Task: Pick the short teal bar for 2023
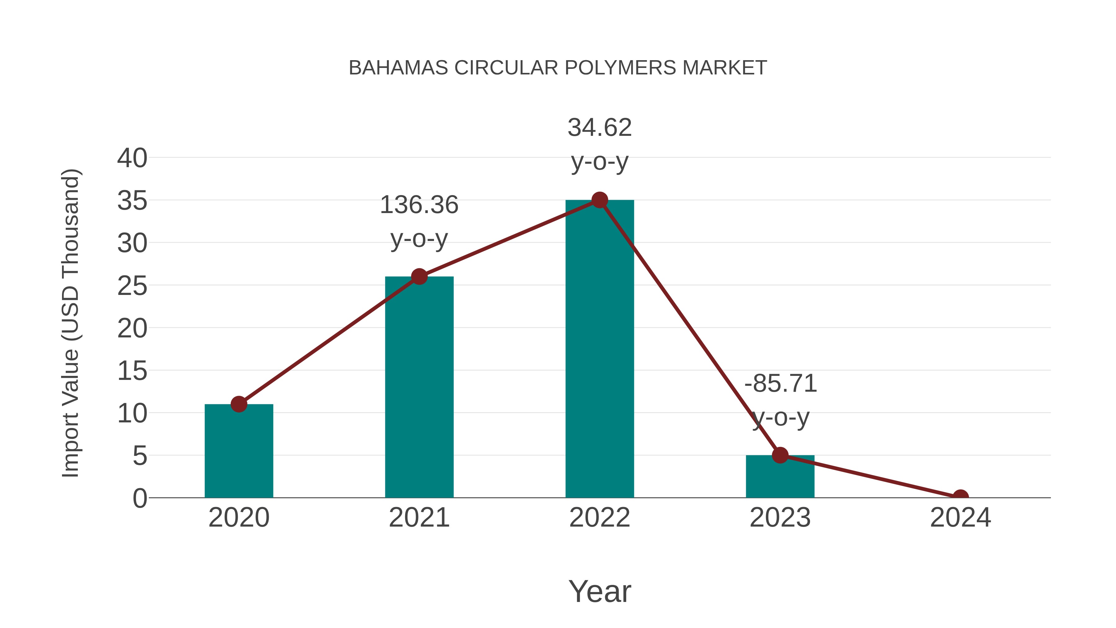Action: point(780,477)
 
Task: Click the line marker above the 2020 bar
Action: point(239,404)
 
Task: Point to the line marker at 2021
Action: point(419,277)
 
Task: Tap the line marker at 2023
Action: point(780,455)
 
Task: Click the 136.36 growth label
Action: point(419,205)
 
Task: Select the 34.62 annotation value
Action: point(600,127)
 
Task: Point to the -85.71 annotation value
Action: point(781,384)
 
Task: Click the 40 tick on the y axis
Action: point(132,158)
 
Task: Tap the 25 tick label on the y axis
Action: point(132,286)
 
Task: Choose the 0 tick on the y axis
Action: point(140,498)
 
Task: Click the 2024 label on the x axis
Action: point(960,518)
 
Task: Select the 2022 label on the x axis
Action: point(600,518)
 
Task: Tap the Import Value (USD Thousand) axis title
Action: point(70,323)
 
